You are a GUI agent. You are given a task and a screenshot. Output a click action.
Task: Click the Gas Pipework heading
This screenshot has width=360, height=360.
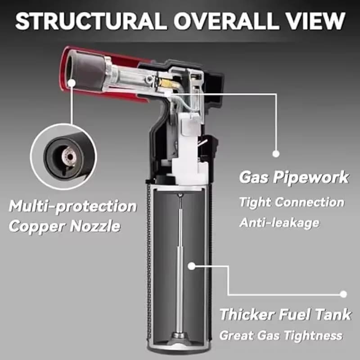pyautogui.click(x=293, y=177)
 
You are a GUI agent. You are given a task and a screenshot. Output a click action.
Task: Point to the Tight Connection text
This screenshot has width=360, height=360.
pyautogui.click(x=292, y=202)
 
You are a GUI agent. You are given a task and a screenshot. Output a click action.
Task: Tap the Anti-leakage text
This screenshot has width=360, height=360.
pyautogui.click(x=279, y=222)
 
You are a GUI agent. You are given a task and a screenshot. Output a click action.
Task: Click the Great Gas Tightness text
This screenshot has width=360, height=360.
pyautogui.click(x=281, y=335)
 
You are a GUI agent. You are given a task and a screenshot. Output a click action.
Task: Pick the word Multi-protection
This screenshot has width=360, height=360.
pyautogui.click(x=72, y=207)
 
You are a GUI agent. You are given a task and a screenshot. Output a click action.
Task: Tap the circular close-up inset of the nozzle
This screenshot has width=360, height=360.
pyautogui.click(x=63, y=156)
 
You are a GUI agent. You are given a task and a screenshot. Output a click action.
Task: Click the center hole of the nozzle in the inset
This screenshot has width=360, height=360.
pyautogui.click(x=69, y=157)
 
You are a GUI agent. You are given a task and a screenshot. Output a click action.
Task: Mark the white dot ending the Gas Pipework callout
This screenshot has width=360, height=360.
pyautogui.click(x=276, y=153)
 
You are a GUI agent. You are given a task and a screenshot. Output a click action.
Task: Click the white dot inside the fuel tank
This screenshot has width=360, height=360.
pyautogui.click(x=191, y=266)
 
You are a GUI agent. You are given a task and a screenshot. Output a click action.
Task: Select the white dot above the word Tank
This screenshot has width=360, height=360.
pyautogui.click(x=343, y=294)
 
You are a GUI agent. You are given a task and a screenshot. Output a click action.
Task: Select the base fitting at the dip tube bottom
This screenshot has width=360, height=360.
pyautogui.click(x=180, y=336)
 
